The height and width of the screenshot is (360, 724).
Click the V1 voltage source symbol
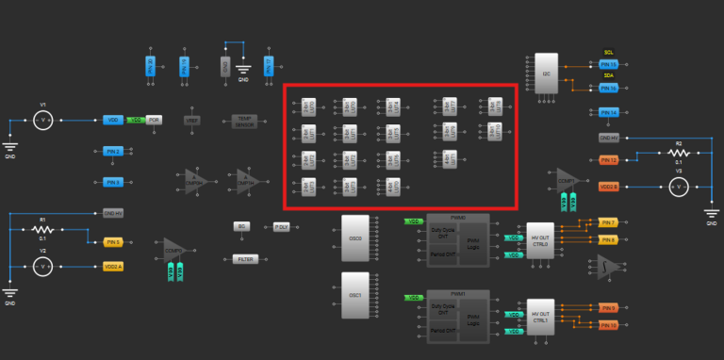point(42,120)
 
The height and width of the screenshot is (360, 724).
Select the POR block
point(155,121)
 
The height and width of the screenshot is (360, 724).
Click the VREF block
point(192,121)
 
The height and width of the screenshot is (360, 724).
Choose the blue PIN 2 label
point(113,151)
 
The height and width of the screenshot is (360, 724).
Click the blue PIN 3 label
point(113,182)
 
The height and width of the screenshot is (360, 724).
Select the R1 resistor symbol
point(41,229)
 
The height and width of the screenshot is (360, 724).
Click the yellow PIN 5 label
point(113,242)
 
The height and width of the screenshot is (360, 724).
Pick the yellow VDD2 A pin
point(113,268)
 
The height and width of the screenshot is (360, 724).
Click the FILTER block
point(245,259)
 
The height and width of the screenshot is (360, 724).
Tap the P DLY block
point(282,227)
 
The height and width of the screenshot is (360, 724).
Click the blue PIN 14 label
point(608,112)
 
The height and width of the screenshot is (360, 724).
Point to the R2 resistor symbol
point(676,152)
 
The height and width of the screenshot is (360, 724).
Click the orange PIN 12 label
point(608,161)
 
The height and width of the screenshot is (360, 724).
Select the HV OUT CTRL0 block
point(540,240)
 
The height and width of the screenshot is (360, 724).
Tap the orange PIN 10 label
point(608,325)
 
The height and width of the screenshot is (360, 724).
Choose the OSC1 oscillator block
point(355,295)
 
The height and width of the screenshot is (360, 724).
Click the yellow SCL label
point(608,53)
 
